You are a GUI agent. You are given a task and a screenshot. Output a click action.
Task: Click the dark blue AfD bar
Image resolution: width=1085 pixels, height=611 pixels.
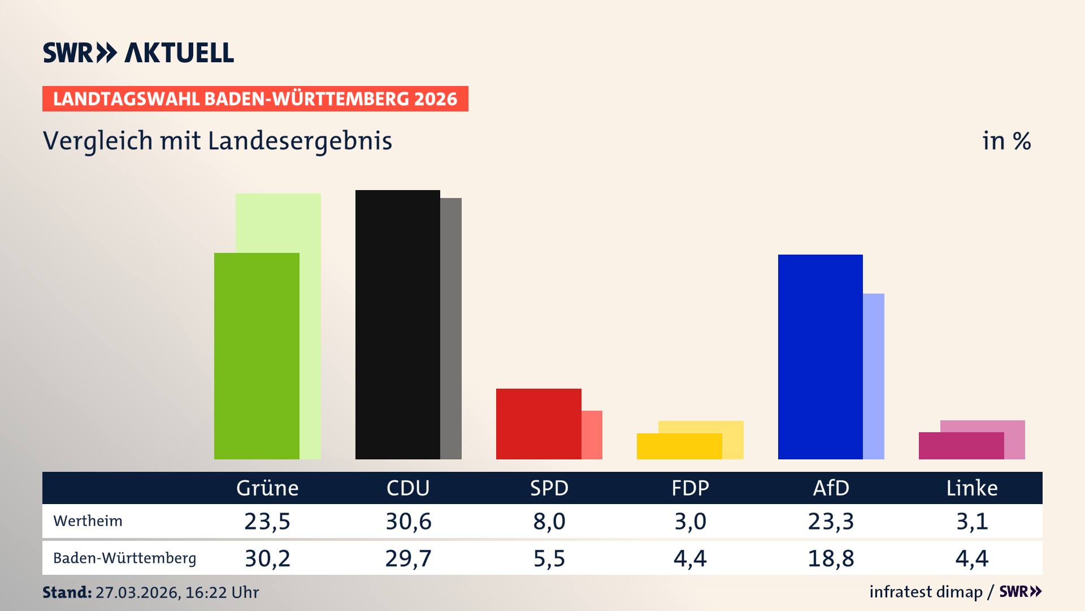820,356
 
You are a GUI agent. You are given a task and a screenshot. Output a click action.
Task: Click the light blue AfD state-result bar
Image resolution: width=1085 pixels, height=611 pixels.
874,376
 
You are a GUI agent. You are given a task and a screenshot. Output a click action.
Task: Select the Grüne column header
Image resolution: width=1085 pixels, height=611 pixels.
267,488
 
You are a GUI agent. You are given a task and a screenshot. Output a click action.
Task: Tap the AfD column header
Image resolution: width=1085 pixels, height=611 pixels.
831,488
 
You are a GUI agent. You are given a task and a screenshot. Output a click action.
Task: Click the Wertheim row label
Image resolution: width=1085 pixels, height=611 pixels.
88,521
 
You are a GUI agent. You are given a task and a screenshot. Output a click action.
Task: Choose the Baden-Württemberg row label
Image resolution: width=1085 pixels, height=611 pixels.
124,558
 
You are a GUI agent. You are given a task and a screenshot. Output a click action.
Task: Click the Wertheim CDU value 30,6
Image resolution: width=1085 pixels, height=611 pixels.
408,521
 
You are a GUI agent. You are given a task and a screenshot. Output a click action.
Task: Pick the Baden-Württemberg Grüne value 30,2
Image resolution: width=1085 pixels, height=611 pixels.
267,558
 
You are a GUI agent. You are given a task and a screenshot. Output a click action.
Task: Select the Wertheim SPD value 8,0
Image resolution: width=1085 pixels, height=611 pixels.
549,521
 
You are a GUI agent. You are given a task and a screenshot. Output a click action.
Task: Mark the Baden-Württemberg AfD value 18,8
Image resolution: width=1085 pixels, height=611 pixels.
831,558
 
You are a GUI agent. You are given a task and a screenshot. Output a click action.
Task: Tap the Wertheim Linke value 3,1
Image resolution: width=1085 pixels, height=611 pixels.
972,521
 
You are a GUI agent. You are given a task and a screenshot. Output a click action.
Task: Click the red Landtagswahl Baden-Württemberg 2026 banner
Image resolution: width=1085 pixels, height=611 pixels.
255,98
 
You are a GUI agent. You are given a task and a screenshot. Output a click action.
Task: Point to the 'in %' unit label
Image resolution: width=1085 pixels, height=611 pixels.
1006,141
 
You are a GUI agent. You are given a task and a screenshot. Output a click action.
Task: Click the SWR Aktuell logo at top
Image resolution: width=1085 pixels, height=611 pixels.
138,53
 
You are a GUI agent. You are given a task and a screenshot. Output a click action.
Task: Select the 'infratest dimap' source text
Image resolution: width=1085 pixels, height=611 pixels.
926,592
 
